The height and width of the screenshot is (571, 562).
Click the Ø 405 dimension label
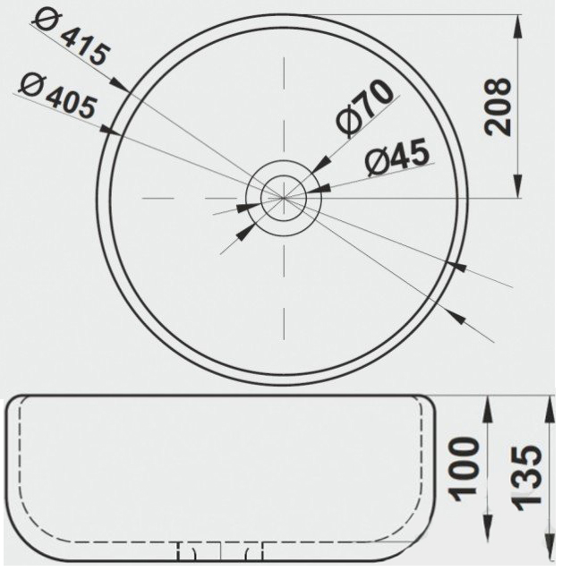pos(58,96)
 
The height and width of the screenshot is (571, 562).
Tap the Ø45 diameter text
pos(397,157)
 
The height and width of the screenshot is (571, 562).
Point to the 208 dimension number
pos(498,107)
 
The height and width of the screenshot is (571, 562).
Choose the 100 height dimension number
pos(464,470)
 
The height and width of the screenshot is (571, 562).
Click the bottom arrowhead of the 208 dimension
pos(517,186)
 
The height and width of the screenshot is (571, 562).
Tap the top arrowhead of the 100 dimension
pos(488,409)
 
